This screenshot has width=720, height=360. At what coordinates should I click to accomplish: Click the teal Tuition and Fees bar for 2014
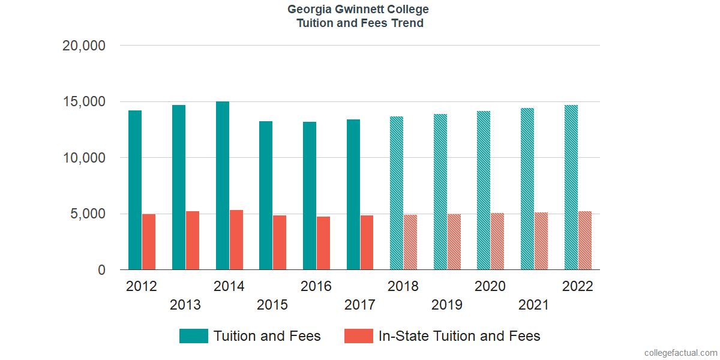click(222, 186)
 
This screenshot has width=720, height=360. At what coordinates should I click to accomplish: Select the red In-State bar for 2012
click(149, 242)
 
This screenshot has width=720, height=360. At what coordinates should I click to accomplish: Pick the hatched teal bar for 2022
click(571, 187)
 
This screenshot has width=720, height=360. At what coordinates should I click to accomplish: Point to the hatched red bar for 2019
click(454, 242)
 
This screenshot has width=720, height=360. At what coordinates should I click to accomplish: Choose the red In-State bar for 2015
click(280, 242)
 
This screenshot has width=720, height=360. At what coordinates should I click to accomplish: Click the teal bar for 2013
click(179, 187)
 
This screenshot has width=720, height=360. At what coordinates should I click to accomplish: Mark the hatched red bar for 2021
click(541, 241)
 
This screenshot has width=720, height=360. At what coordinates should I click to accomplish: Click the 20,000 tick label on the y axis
click(84, 46)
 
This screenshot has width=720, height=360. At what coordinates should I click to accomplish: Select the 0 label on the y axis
click(101, 271)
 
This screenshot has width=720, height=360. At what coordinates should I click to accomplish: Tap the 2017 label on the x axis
click(359, 305)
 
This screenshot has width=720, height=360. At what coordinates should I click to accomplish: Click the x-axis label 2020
click(490, 286)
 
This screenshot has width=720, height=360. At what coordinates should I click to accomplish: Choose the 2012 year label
click(142, 286)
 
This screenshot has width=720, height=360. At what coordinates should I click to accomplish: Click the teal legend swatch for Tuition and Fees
click(193, 336)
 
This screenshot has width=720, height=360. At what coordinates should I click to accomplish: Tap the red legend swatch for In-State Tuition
click(358, 336)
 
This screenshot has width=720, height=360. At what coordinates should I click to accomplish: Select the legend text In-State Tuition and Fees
click(460, 336)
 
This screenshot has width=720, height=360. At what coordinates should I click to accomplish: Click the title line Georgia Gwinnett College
click(358, 10)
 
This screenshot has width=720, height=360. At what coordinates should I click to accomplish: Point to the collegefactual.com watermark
click(680, 352)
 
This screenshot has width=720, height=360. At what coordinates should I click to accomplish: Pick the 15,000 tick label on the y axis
click(84, 102)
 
